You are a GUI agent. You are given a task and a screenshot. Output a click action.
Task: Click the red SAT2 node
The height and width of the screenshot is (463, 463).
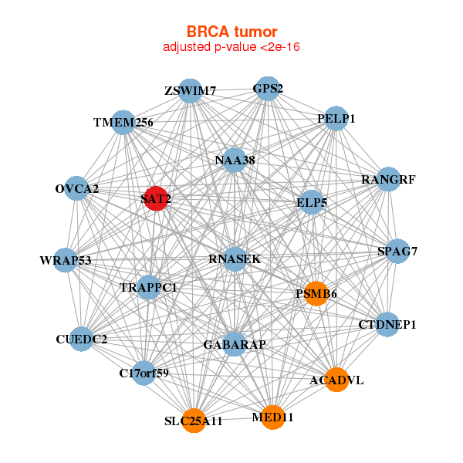(156, 198)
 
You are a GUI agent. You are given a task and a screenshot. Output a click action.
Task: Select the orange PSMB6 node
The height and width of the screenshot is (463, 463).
(316, 293)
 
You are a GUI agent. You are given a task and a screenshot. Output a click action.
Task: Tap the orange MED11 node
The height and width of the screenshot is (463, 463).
(273, 417)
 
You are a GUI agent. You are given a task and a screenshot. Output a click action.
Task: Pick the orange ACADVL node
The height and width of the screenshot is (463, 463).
(336, 380)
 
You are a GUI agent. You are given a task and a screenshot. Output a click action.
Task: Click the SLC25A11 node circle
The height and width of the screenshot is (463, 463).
(194, 421)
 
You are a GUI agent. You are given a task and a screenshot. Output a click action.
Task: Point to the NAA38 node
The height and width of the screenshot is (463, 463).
(235, 160)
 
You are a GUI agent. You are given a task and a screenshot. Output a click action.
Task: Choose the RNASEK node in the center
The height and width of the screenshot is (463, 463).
(235, 259)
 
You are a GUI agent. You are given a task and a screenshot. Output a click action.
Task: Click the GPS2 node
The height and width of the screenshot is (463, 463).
(268, 89)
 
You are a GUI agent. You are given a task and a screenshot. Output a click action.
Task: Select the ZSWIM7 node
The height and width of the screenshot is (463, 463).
(191, 90)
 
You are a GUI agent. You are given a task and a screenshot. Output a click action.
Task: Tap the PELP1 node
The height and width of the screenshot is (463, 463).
(336, 118)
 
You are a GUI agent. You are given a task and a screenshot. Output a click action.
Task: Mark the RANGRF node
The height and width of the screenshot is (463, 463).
(388, 179)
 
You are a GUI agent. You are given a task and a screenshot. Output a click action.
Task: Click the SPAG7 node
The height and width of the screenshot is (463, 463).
(397, 251)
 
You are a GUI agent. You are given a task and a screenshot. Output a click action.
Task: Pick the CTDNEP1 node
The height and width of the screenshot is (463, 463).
(387, 324)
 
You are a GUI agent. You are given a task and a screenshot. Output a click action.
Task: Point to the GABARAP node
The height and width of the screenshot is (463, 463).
(235, 344)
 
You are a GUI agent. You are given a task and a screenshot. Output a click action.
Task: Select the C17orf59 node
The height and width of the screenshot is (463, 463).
(144, 373)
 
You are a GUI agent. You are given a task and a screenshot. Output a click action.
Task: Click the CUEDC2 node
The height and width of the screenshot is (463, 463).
(82, 339)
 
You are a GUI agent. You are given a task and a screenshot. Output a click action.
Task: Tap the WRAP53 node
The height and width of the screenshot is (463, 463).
(66, 260)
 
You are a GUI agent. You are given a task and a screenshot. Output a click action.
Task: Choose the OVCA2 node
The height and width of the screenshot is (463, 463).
(76, 188)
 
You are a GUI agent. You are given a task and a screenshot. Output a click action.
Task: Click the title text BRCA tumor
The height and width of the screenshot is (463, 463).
(231, 32)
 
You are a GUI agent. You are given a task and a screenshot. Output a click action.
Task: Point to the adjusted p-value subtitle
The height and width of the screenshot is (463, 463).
(231, 47)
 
